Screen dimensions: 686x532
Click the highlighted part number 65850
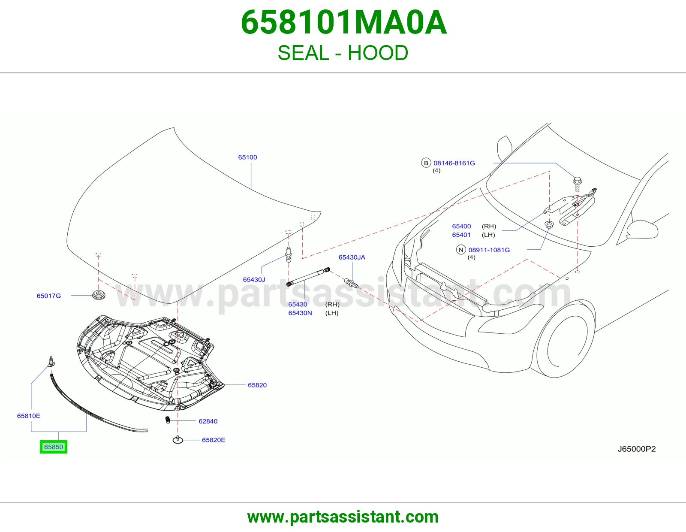(53, 447)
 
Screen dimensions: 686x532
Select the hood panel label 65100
(247, 157)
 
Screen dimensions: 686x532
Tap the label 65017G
(48, 296)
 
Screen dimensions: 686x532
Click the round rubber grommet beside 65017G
(99, 294)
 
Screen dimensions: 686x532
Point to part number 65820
(257, 385)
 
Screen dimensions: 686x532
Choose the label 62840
(208, 421)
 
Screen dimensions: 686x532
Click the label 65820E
(214, 440)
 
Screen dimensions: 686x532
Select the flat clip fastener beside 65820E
(178, 439)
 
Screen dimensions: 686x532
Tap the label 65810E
(29, 416)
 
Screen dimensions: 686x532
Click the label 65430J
(254, 280)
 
